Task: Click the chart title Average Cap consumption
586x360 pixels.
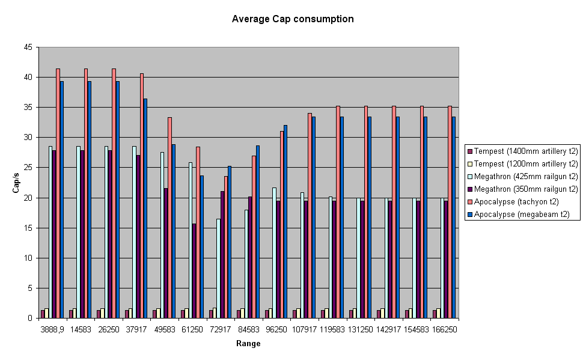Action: (293, 19)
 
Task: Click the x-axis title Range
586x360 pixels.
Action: (248, 344)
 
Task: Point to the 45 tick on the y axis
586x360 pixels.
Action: (28, 47)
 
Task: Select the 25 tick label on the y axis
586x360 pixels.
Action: (28, 168)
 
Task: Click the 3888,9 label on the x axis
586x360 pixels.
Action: (52, 329)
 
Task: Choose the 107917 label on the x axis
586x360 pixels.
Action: (304, 329)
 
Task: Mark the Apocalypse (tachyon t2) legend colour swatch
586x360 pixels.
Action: (469, 202)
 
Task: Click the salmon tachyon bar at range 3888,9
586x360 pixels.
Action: (58, 192)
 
